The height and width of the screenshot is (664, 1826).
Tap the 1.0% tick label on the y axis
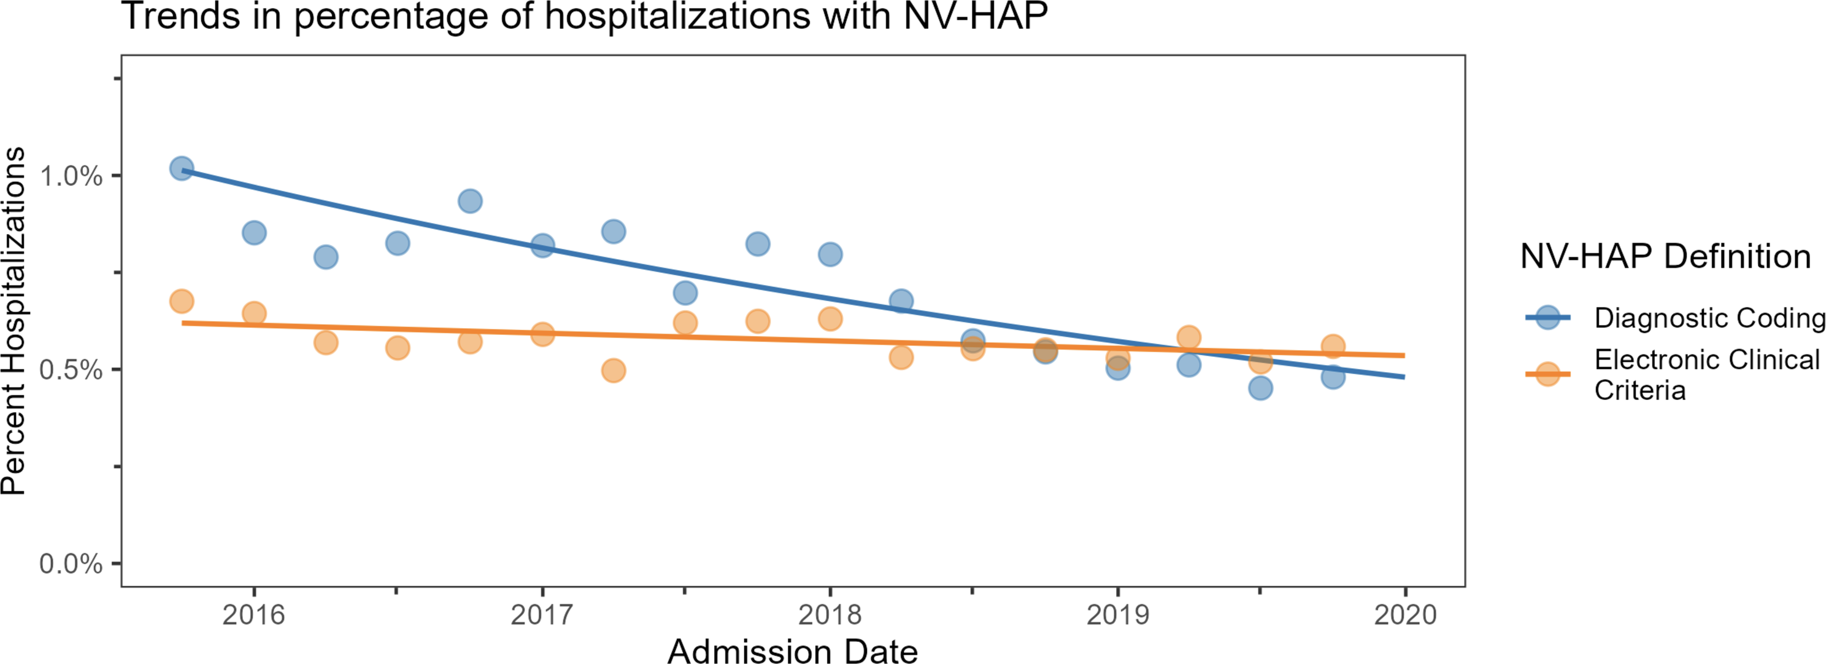pyautogui.click(x=71, y=176)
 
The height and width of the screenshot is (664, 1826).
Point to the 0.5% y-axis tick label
pyautogui.click(x=71, y=370)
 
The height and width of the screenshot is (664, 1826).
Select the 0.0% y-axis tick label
pyautogui.click(x=71, y=564)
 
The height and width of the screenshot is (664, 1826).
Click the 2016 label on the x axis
pyautogui.click(x=254, y=614)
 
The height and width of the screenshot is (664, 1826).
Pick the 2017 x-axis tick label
pyautogui.click(x=542, y=614)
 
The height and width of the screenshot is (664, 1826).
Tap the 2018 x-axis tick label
pyautogui.click(x=830, y=614)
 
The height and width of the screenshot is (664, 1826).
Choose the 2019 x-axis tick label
pyautogui.click(x=1118, y=614)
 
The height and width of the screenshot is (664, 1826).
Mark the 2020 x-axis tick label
pyautogui.click(x=1406, y=614)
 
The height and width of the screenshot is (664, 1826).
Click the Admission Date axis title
pyautogui.click(x=793, y=650)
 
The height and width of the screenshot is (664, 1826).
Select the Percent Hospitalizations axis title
pyautogui.click(x=14, y=321)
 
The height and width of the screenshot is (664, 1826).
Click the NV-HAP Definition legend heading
pyautogui.click(x=1666, y=256)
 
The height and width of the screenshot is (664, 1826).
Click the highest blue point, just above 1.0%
pyautogui.click(x=182, y=168)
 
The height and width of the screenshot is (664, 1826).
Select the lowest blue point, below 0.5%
pyautogui.click(x=1260, y=388)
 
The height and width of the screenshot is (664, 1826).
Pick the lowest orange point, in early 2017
pyautogui.click(x=614, y=370)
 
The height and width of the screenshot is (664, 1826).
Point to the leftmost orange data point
pyautogui.click(x=182, y=301)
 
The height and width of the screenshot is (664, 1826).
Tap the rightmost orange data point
pyautogui.click(x=1333, y=346)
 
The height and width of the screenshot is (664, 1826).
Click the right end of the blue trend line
pyautogui.click(x=1404, y=377)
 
